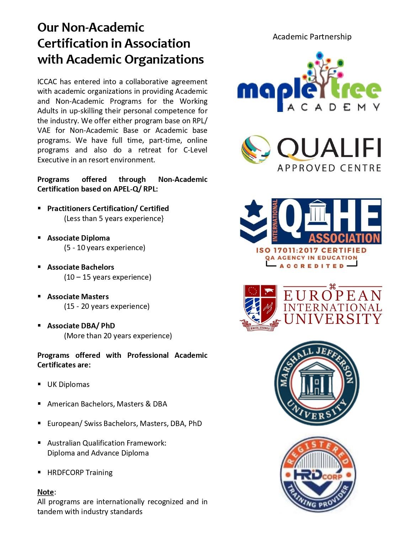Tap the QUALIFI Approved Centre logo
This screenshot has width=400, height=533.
click(311, 154)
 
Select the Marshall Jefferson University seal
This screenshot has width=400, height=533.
click(316, 383)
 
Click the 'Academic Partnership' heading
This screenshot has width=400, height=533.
click(312, 37)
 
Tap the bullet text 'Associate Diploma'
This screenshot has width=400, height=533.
click(78, 238)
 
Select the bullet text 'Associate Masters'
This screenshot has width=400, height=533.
click(78, 297)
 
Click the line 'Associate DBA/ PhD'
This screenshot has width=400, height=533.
click(81, 326)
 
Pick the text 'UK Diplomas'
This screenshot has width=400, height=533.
click(68, 384)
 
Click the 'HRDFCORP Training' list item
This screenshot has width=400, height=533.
click(80, 473)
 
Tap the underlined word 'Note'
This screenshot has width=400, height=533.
click(46, 492)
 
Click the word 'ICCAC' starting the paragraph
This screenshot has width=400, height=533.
click(47, 82)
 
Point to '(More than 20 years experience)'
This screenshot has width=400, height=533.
click(118, 336)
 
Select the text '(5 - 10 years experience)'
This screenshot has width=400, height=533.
click(105, 248)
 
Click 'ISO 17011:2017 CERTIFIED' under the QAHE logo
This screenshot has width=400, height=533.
click(311, 250)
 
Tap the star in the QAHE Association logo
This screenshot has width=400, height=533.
click(254, 209)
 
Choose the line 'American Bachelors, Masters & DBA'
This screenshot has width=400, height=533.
click(107, 404)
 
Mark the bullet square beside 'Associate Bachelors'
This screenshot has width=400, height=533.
click(39, 267)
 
